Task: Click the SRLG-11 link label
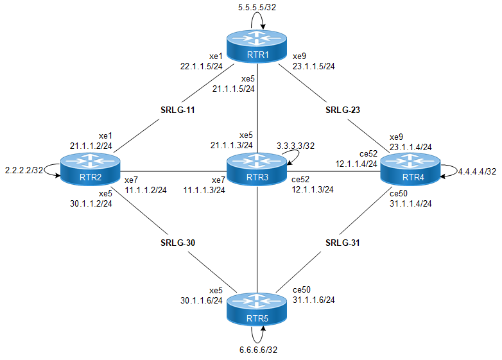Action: tap(177, 110)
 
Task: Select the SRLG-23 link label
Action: tap(343, 110)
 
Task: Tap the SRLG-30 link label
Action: tap(177, 244)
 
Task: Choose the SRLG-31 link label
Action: tap(343, 244)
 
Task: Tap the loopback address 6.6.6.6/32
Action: tap(257, 350)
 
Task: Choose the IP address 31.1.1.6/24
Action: tap(313, 300)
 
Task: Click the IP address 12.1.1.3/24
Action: tap(313, 190)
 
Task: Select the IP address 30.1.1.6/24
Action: tap(202, 300)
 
